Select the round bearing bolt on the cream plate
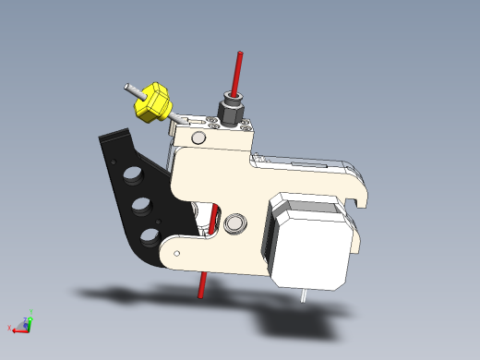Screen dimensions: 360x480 [234, 222]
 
